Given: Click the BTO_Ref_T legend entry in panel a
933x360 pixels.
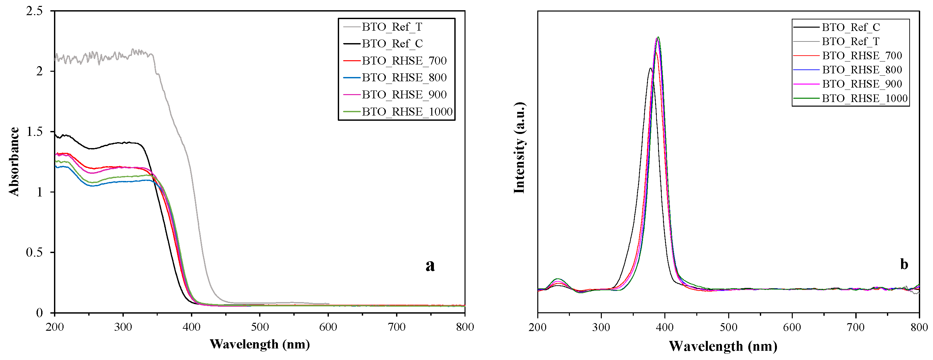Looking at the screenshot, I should coord(392,27).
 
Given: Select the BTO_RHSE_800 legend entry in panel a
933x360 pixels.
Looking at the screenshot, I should coord(404,78).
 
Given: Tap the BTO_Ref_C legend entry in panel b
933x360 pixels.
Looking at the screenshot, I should coord(851,27).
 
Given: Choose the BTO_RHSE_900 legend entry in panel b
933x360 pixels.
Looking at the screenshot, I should coord(862,84).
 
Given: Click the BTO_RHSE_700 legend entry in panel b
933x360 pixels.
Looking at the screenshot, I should coord(862,55).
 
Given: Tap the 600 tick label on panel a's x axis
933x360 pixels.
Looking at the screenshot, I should coord(328,327).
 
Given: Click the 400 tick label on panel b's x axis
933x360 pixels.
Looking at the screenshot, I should coord(665,327).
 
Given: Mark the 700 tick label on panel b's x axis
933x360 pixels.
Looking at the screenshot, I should coord(856,327).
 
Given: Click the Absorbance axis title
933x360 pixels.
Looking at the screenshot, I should coord(14,162).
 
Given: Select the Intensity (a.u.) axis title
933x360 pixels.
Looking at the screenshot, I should coord(520,148).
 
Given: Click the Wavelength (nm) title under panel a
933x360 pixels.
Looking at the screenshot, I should coord(260,344).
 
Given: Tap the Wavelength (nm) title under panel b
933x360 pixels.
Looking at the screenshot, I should coord(723,346).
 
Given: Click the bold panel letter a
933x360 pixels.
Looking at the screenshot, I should coord(430,266).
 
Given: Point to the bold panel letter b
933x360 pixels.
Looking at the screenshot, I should coord(904,264).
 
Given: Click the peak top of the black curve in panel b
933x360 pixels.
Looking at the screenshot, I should coord(651,68).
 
